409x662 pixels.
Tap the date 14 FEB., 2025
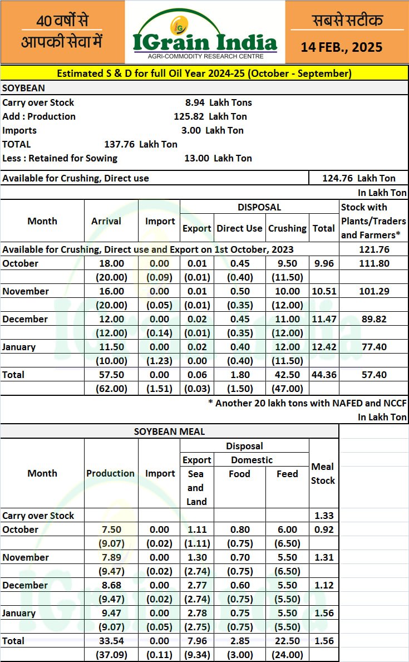tap(342, 47)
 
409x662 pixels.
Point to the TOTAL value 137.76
tap(120, 144)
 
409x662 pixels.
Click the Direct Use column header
tap(239, 228)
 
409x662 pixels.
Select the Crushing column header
tap(287, 228)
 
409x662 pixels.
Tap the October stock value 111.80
tap(374, 263)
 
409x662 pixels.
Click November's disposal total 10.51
tap(324, 291)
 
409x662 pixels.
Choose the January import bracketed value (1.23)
tap(160, 361)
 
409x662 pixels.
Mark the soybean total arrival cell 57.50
tap(106, 375)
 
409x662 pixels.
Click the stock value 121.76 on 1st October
tap(374, 249)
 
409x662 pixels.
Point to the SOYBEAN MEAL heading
tap(169, 431)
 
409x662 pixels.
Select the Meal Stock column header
tap(323, 473)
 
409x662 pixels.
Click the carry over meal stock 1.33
tap(323, 516)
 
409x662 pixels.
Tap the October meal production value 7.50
tap(110, 529)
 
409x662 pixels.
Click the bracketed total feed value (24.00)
tap(287, 655)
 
